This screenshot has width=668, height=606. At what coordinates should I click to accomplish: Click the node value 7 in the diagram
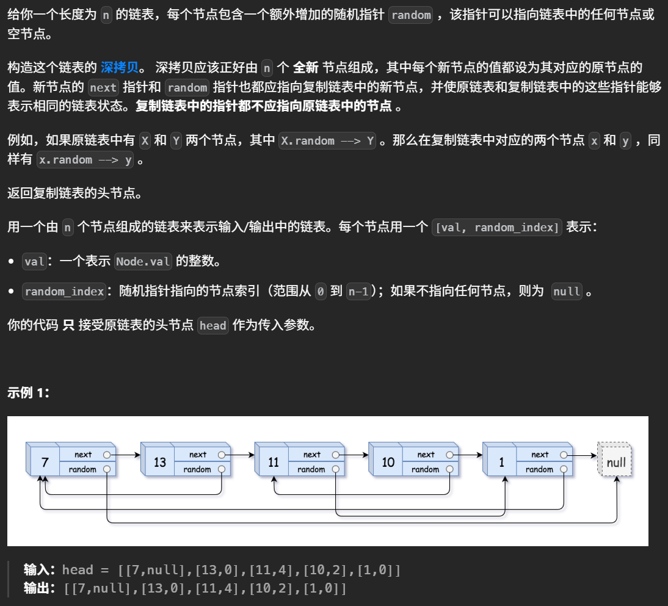tap(45, 462)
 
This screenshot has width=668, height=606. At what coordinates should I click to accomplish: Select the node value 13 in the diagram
tap(159, 462)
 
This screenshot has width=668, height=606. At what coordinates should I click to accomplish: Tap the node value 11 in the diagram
tap(274, 462)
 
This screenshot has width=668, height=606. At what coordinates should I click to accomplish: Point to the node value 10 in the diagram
tap(388, 462)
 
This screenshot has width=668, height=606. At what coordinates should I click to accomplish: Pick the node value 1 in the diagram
tap(502, 462)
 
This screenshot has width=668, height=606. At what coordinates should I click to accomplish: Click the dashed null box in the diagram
tap(615, 462)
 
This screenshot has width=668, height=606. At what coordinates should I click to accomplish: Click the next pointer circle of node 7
tap(107, 455)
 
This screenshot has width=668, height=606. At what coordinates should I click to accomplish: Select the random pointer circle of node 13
tap(221, 469)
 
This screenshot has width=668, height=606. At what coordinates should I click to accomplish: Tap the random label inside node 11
tap(311, 469)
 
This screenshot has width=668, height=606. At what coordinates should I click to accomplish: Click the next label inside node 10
tap(426, 455)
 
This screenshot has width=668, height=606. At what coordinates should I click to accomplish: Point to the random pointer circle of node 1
tap(564, 469)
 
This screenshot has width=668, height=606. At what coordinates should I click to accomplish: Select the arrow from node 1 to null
tap(583, 455)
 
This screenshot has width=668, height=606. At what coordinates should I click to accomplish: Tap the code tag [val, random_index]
tap(496, 228)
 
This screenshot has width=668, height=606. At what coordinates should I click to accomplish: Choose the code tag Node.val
tap(143, 262)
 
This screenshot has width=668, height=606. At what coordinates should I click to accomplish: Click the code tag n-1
tap(358, 292)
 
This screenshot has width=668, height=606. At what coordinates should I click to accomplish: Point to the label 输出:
tap(40, 589)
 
